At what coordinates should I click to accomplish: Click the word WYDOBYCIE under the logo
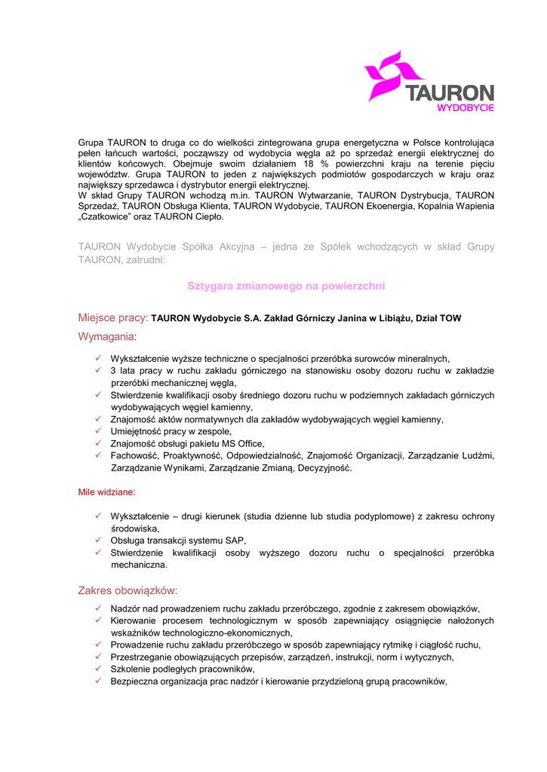tap(466, 108)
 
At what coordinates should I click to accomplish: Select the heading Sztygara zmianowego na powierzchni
tap(286, 286)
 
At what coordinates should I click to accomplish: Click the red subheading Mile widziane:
tap(107, 492)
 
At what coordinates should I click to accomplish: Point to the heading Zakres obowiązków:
tap(128, 590)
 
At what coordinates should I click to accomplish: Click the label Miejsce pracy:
tap(113, 318)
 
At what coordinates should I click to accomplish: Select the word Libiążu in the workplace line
tap(387, 319)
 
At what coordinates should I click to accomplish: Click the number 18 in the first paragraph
tap(308, 164)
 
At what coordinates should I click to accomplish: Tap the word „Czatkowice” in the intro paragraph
tap(105, 217)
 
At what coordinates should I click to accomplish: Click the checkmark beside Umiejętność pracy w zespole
tap(99, 431)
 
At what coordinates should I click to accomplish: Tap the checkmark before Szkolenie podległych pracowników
tap(99, 669)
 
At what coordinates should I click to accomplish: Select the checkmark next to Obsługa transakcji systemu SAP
tap(99, 541)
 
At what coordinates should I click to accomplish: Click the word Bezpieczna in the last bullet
tap(135, 682)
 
